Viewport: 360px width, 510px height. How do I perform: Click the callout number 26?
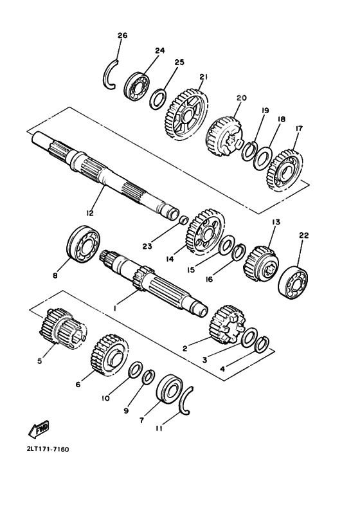click(122, 35)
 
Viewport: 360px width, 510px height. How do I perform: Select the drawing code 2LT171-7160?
click(48, 449)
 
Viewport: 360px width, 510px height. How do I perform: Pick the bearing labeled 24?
click(136, 87)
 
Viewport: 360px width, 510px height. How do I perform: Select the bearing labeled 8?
click(84, 244)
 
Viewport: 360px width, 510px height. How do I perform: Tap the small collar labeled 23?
click(183, 220)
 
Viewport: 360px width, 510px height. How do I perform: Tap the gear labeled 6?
click(109, 355)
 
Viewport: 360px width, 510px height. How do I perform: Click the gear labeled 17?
click(285, 170)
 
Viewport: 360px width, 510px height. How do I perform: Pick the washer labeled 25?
click(158, 99)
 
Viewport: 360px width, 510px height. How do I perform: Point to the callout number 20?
click(241, 98)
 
